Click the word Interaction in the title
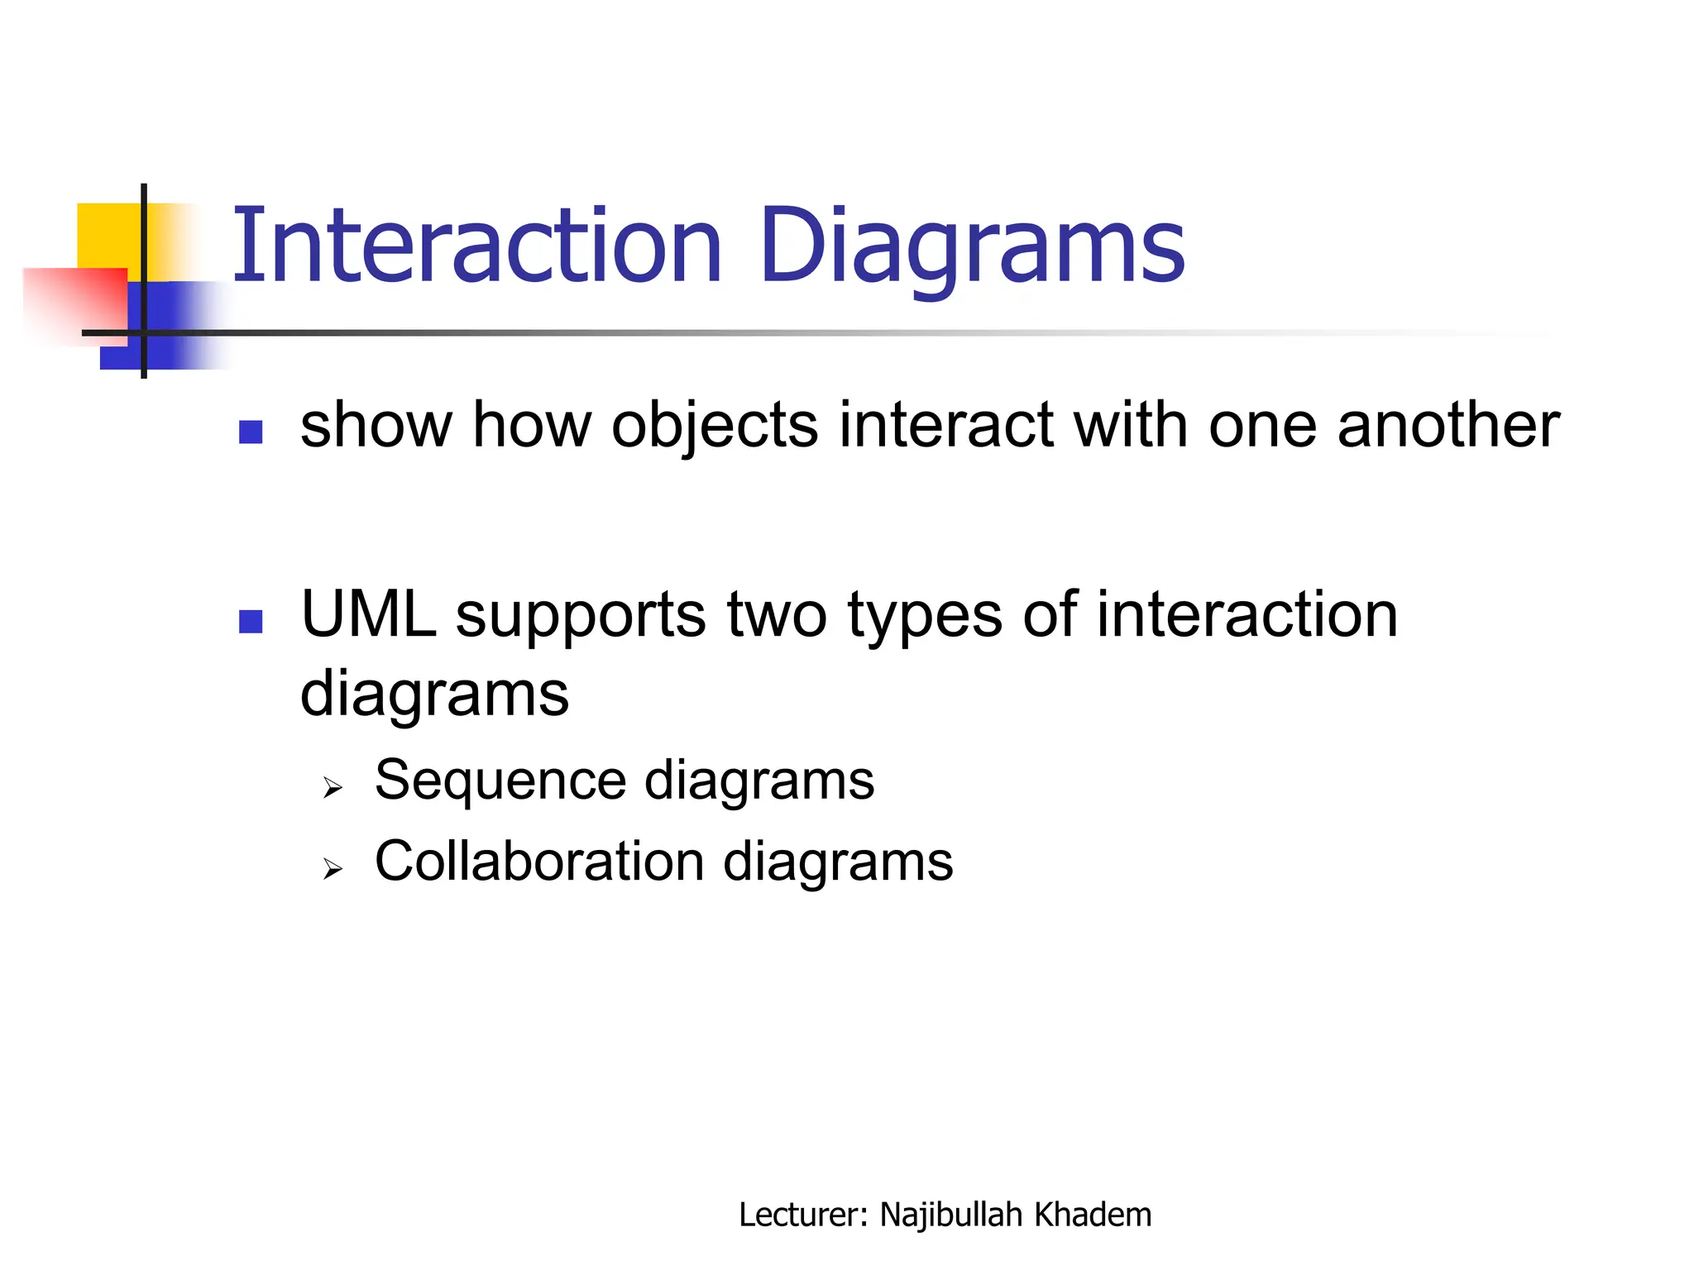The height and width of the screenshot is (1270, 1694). point(477,246)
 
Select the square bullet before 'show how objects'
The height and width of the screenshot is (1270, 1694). point(251,432)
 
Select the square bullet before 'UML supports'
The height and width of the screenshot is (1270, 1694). point(251,621)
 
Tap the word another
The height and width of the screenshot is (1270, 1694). point(1448,425)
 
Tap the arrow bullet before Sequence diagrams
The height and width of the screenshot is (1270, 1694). point(333,788)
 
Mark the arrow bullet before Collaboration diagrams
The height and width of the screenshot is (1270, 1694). point(333,868)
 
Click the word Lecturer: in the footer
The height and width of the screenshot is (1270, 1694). point(802,1215)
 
